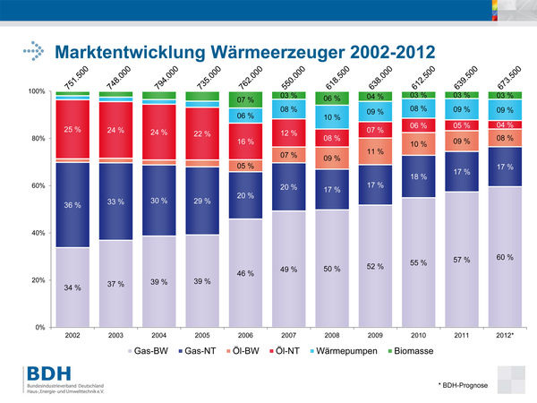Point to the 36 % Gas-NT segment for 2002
[72, 205]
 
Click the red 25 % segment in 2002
[72, 130]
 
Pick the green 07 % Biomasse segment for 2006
[245, 99]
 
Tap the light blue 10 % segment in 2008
[331, 117]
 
